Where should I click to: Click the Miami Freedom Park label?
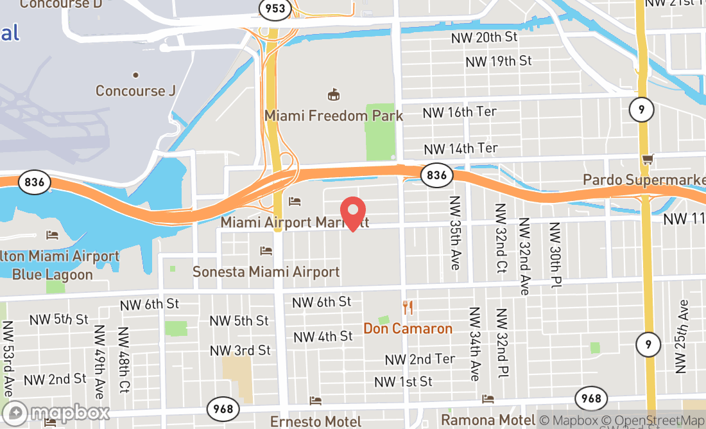334,116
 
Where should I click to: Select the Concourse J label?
135,91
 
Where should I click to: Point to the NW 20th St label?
484,37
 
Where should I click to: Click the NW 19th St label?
499,61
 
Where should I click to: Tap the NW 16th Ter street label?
460,112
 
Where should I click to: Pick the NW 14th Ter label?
460,149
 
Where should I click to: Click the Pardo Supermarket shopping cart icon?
647,159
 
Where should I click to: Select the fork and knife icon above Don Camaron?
407,307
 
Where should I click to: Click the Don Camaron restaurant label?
408,329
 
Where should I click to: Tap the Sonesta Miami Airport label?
266,272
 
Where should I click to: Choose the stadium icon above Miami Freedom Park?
333,95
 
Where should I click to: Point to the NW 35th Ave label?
455,232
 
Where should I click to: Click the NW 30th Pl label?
554,255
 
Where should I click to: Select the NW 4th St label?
323,337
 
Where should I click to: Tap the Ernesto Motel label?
315,421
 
